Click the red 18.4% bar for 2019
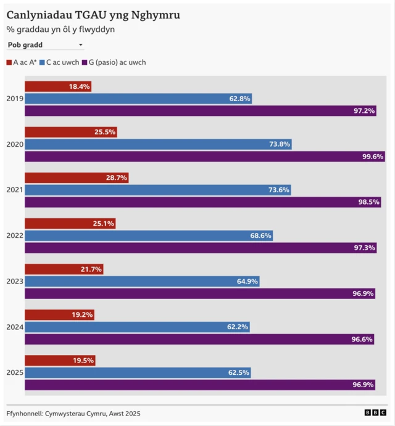click(x=58, y=86)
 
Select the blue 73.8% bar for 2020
click(x=159, y=144)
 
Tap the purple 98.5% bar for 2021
click(x=203, y=202)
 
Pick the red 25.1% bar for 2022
click(x=70, y=223)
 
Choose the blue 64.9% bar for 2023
click(x=142, y=281)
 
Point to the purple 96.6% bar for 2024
click(x=199, y=339)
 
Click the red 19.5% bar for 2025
click(x=60, y=360)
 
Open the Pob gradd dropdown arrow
click(x=80, y=45)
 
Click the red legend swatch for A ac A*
click(x=9, y=62)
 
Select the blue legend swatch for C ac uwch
click(x=42, y=62)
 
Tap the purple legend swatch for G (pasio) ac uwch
click(x=85, y=62)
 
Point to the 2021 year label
click(x=15, y=190)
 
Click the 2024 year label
click(x=15, y=327)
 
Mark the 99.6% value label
click(x=373, y=157)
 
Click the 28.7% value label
click(x=117, y=178)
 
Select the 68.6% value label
click(x=260, y=236)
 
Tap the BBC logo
click(x=375, y=412)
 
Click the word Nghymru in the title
click(x=156, y=15)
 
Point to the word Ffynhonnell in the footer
click(x=24, y=414)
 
